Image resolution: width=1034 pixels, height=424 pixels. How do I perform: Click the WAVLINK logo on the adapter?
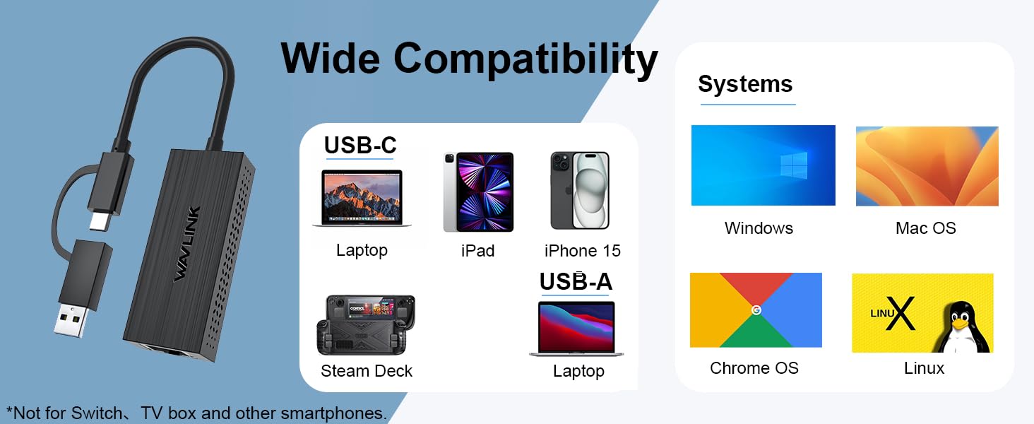pyautogui.click(x=188, y=244)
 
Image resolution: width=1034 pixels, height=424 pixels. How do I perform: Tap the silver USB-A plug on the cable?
pyautogui.click(x=72, y=319)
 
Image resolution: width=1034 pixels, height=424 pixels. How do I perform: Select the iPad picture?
pyautogui.click(x=478, y=192)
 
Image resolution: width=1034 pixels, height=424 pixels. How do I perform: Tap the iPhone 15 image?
pyautogui.click(x=580, y=191)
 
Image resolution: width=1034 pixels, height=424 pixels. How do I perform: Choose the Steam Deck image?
pyautogui.click(x=366, y=324)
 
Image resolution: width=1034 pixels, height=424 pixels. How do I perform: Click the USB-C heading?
pyautogui.click(x=360, y=145)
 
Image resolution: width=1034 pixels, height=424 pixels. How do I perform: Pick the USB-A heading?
pyautogui.click(x=576, y=281)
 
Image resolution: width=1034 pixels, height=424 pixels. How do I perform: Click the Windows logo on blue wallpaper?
pyautogui.click(x=794, y=166)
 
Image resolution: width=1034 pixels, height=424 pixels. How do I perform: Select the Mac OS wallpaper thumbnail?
pyautogui.click(x=927, y=166)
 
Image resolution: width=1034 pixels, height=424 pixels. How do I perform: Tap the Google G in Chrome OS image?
pyautogui.click(x=756, y=310)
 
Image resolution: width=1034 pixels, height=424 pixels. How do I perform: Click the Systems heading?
pyautogui.click(x=745, y=84)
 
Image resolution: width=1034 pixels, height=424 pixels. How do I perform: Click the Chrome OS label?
pyautogui.click(x=754, y=368)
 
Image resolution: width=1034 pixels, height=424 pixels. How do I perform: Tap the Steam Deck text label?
pyautogui.click(x=367, y=371)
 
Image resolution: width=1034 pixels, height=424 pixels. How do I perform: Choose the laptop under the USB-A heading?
pyautogui.click(x=576, y=329)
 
